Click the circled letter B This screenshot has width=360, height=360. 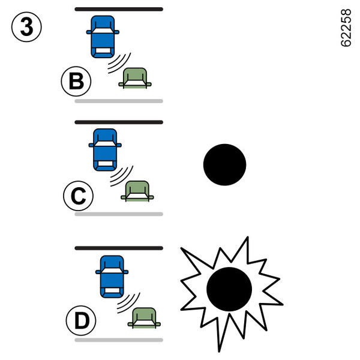[x=76, y=82]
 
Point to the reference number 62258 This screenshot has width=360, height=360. [x=346, y=28]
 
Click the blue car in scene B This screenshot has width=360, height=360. [x=104, y=36]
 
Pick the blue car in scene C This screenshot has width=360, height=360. [x=105, y=149]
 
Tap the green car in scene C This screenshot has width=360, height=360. [x=137, y=190]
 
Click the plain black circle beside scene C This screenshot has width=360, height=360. [x=224, y=163]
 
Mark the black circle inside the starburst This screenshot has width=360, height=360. [x=229, y=289]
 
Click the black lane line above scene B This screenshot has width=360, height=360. [x=119, y=9]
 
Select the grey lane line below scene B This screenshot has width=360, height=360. [x=119, y=101]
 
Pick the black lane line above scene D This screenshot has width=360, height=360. [x=119, y=248]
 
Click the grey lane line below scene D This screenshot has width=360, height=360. [x=119, y=340]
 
